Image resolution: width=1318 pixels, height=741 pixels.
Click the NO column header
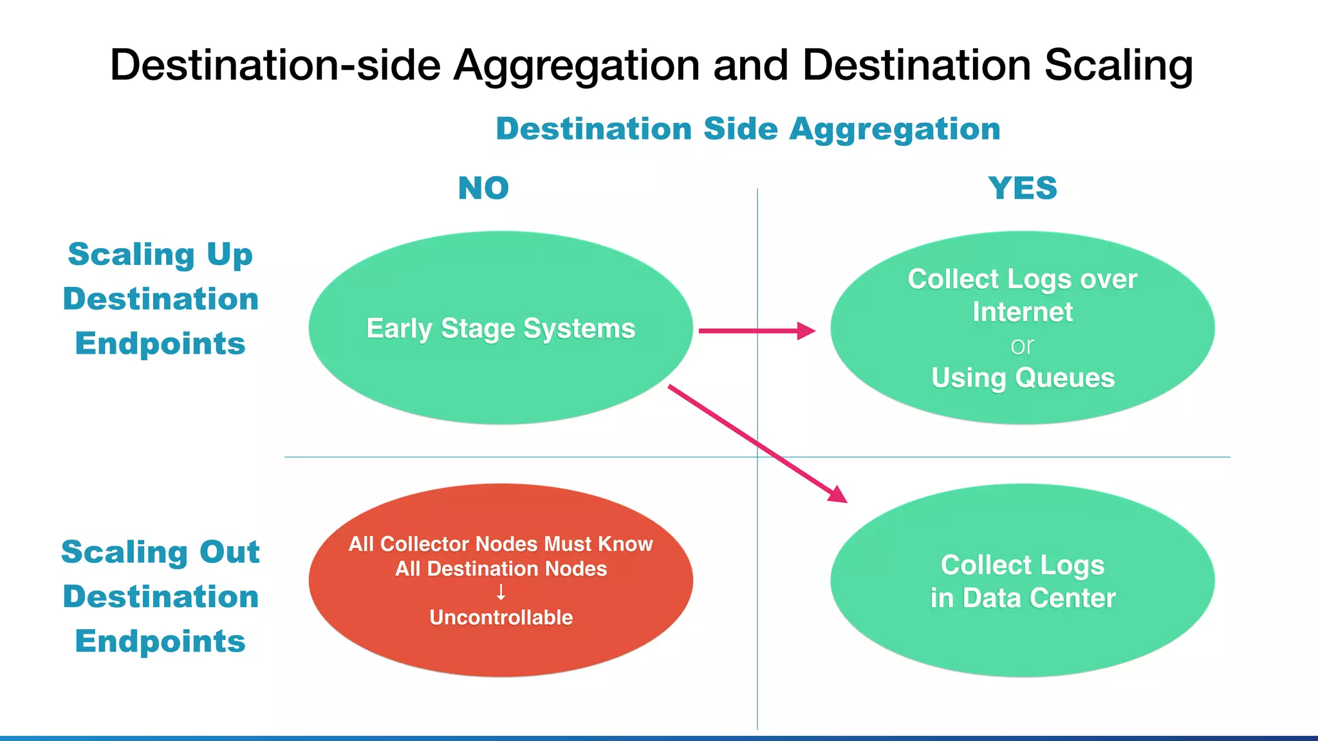483,188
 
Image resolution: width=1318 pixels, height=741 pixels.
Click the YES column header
1023,188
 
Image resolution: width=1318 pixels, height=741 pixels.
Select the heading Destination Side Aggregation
748,129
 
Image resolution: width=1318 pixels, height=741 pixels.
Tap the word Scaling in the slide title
1118,66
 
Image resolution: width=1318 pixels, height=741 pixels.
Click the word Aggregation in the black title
576,66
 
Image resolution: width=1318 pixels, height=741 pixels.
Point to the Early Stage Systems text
501,329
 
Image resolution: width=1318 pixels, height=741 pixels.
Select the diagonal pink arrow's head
837,495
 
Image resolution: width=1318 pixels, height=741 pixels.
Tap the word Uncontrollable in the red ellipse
501,617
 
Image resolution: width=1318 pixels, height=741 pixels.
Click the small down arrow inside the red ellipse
501,592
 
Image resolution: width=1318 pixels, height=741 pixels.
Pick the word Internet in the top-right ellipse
1023,312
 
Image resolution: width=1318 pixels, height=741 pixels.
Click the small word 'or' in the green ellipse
1022,346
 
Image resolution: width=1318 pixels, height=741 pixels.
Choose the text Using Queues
1023,378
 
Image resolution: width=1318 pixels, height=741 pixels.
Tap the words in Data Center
1023,598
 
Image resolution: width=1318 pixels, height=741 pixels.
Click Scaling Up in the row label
160,255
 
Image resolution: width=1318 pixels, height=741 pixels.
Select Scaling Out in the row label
160,552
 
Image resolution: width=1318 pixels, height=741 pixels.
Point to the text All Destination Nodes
501,569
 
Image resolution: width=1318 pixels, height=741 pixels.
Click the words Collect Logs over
1023,279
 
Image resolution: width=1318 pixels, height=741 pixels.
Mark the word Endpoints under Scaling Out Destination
160,641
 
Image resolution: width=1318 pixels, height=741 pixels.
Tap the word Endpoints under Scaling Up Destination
160,343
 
